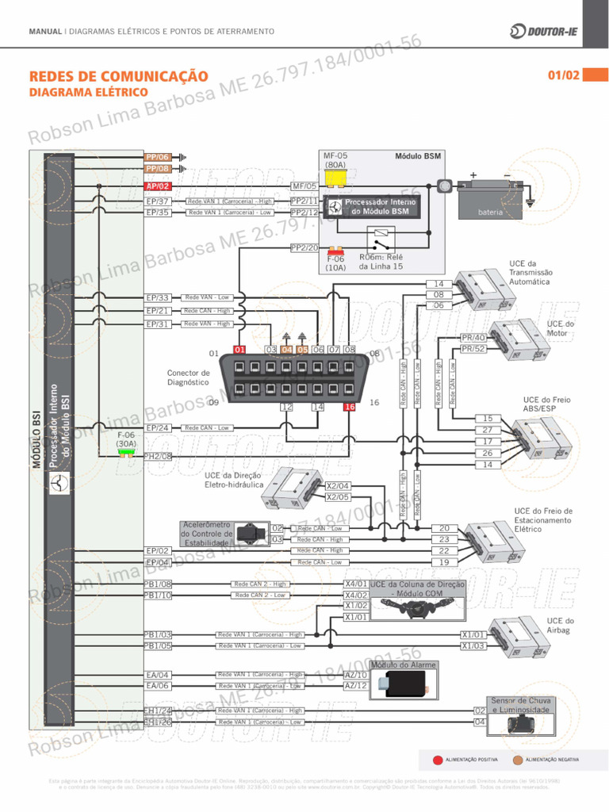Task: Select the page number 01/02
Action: pyautogui.click(x=563, y=76)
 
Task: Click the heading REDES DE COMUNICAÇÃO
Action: pyautogui.click(x=118, y=76)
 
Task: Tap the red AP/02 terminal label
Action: pyautogui.click(x=158, y=186)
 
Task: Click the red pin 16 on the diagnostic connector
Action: pyautogui.click(x=349, y=407)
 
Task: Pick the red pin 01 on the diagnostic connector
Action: pyautogui.click(x=239, y=350)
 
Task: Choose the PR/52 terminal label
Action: pyautogui.click(x=473, y=349)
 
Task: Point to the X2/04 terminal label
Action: pyautogui.click(x=338, y=486)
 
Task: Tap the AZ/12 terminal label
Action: pyautogui.click(x=356, y=686)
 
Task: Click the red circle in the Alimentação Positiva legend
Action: pyautogui.click(x=438, y=760)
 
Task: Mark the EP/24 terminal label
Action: pyautogui.click(x=158, y=428)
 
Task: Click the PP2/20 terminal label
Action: pyautogui.click(x=304, y=248)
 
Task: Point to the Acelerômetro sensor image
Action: pyautogui.click(x=251, y=532)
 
